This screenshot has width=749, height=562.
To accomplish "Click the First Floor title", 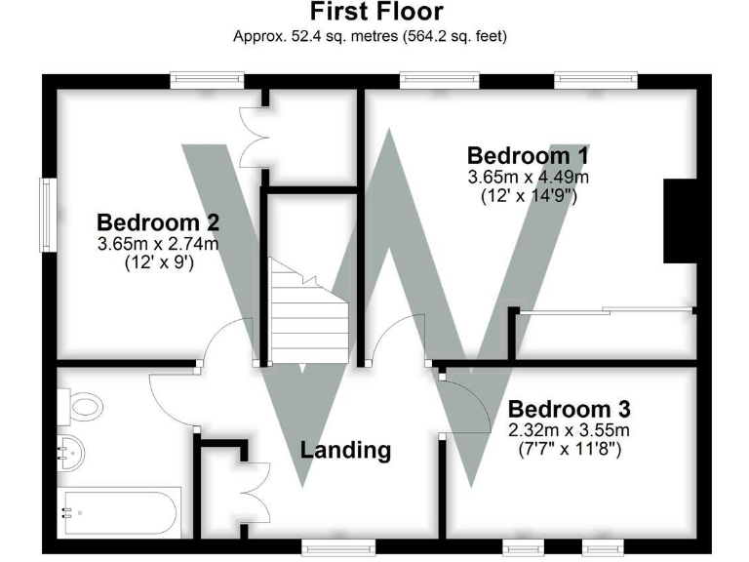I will pos(376,13).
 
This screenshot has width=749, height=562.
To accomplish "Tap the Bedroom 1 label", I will pos(528,156).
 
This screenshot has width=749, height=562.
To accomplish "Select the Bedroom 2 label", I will pos(157,221).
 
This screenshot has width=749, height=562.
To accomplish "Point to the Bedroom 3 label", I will pos(570,409).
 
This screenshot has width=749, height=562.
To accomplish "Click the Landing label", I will pos(345,450).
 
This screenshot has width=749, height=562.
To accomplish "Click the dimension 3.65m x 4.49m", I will pos(529,178).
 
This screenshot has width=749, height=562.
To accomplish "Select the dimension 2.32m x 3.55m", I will pos(571,430).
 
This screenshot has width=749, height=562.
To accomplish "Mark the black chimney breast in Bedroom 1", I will pos(680,221).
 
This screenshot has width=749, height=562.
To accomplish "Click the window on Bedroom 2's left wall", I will pos(46,214).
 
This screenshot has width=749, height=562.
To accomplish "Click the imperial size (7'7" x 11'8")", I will pos(571,450).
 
